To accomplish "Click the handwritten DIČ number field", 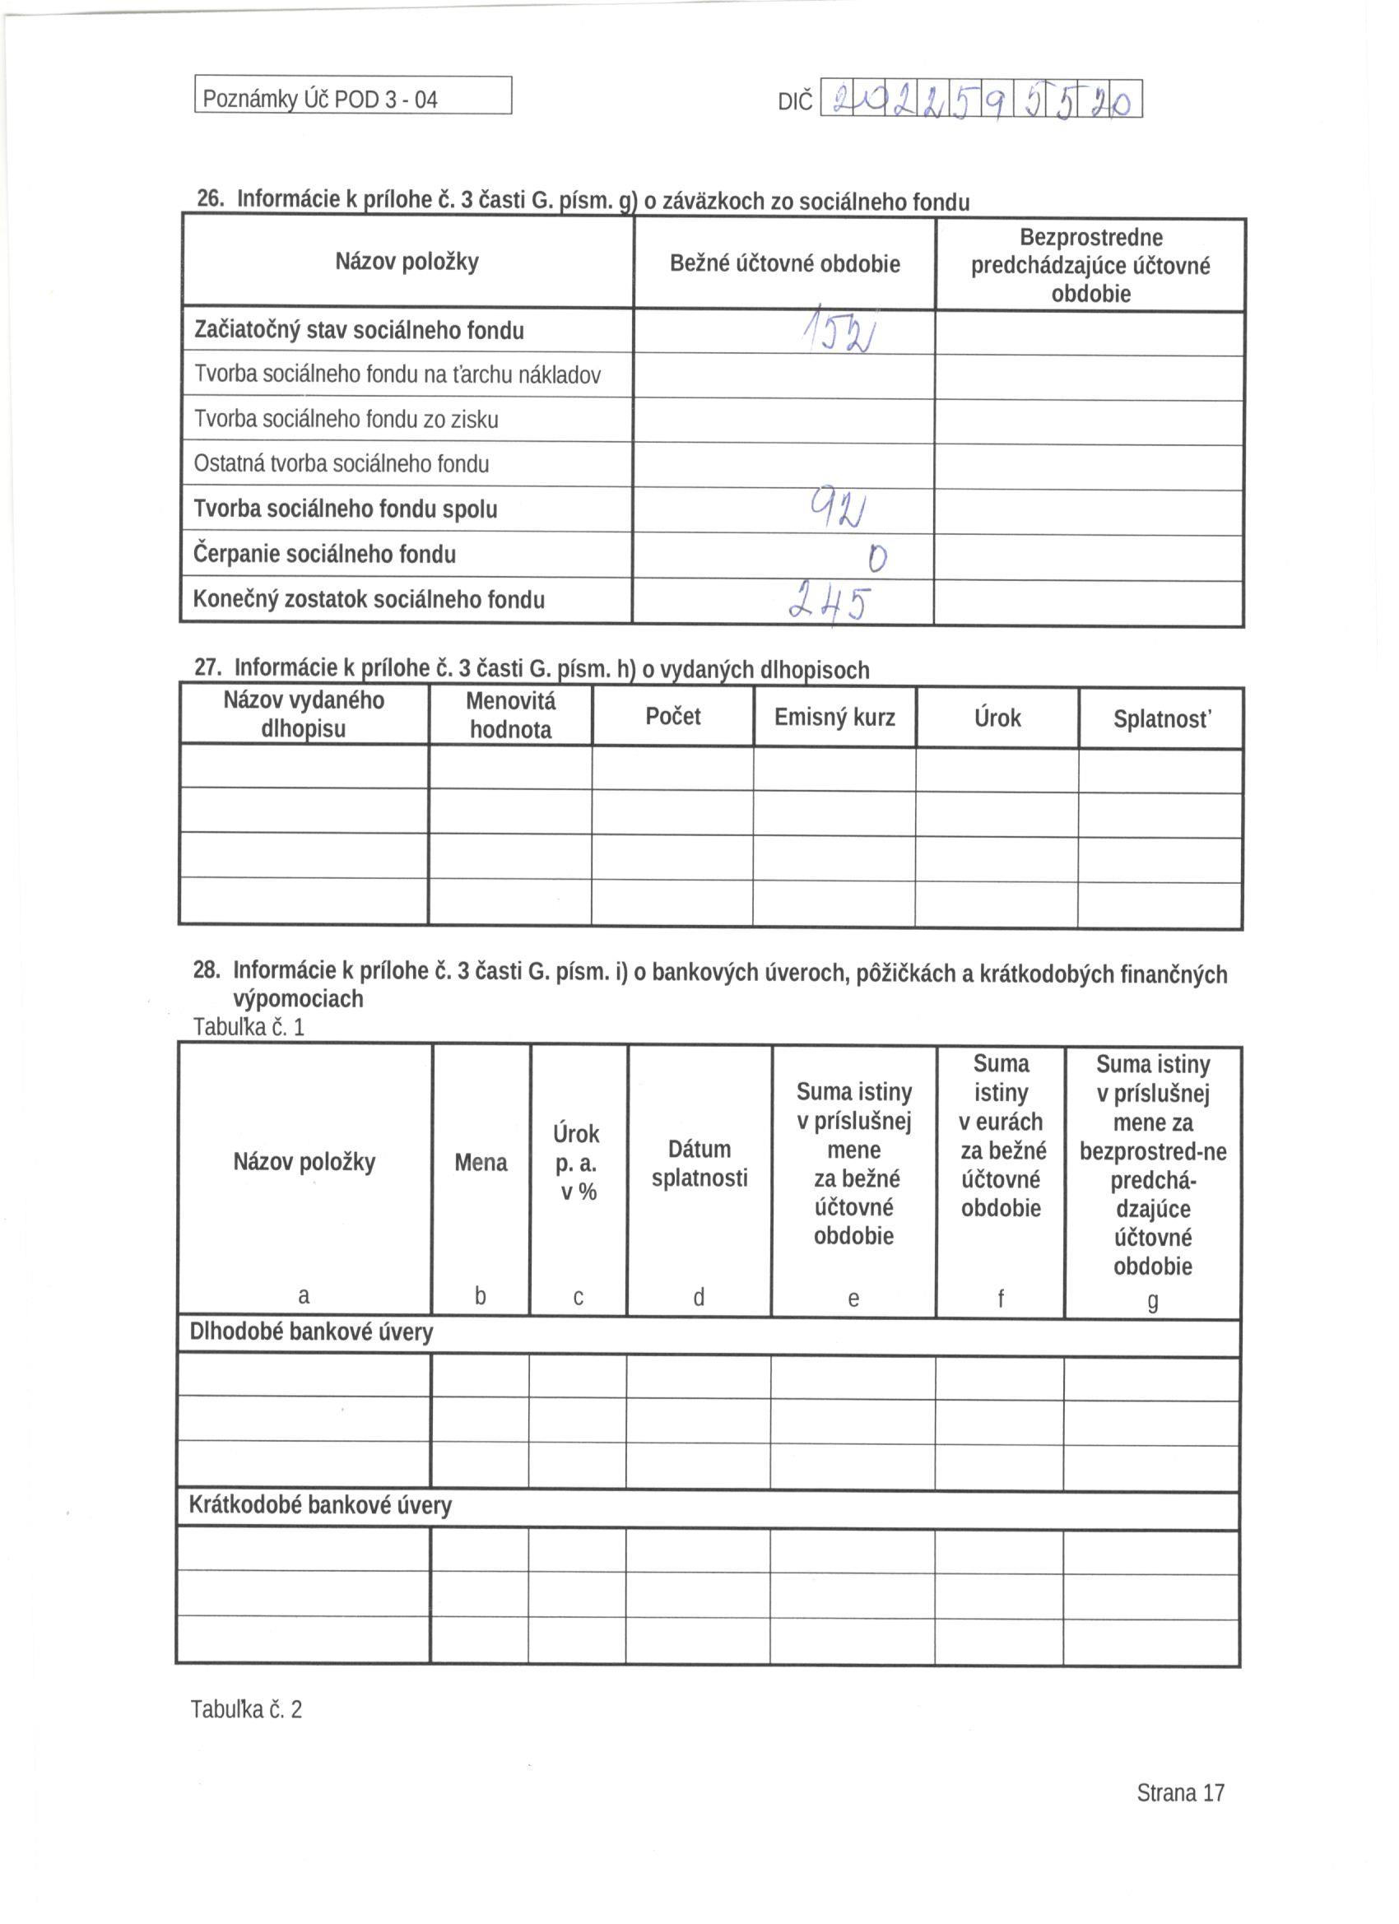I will click(x=983, y=100).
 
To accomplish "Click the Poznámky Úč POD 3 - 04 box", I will click(x=353, y=95).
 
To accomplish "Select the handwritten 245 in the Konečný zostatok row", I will click(x=830, y=600).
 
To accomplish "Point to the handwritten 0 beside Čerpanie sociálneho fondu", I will click(x=877, y=557).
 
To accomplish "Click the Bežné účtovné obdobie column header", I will click(x=784, y=264).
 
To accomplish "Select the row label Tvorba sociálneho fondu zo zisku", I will click(x=346, y=420).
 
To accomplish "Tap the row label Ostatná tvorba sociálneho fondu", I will click(x=342, y=464).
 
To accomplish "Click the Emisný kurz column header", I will click(x=834, y=718).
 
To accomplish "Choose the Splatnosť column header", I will click(x=1161, y=719).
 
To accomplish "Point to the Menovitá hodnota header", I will click(x=511, y=715).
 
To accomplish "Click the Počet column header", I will click(x=673, y=717).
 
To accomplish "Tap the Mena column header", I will click(x=481, y=1162).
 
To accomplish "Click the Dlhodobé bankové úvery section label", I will click(x=311, y=1331).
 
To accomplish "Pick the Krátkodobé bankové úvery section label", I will click(x=320, y=1505).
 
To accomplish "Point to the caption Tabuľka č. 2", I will click(x=246, y=1708).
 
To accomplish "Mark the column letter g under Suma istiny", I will click(x=1152, y=1301).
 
